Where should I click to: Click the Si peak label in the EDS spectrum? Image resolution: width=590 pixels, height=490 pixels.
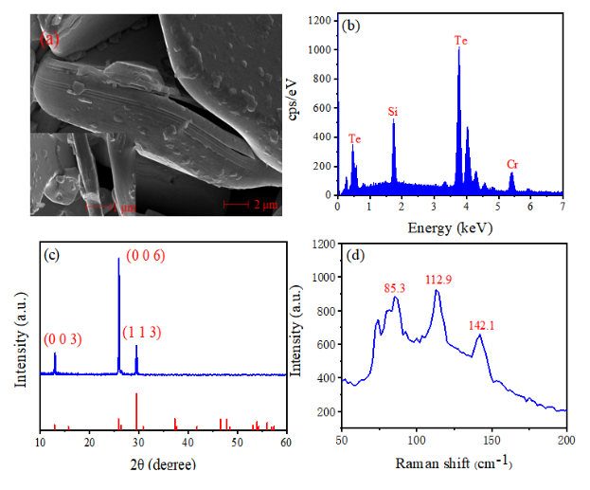[x=393, y=112]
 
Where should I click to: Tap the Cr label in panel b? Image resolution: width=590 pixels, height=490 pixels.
[x=512, y=164]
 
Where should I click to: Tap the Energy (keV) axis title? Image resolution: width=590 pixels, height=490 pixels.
[x=450, y=228]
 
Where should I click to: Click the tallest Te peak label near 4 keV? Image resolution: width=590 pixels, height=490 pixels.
[x=461, y=41]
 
